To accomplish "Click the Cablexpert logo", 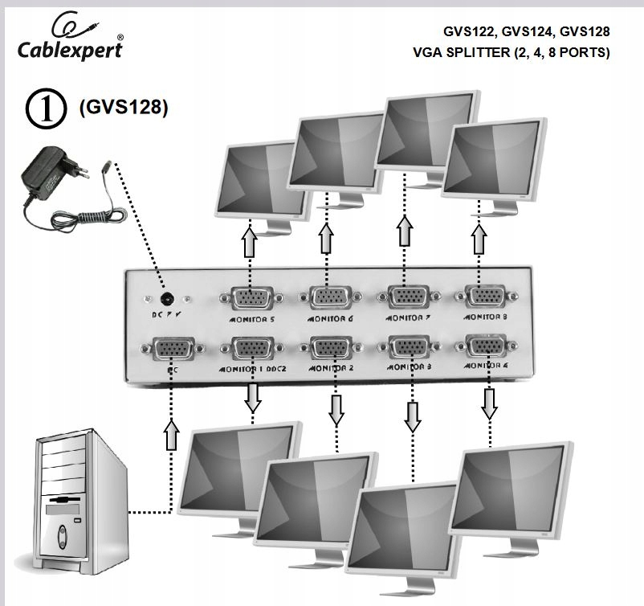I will click(71, 40).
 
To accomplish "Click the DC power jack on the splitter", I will click(167, 298).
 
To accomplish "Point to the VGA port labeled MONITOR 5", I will click(251, 299).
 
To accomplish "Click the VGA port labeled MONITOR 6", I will click(328, 299).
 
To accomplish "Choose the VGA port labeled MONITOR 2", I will click(330, 349).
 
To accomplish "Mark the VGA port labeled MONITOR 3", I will click(409, 347).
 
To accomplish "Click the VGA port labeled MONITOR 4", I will click(482, 347).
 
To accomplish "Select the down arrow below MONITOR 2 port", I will click(336, 411).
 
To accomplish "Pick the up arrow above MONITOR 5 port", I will click(249, 241).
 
